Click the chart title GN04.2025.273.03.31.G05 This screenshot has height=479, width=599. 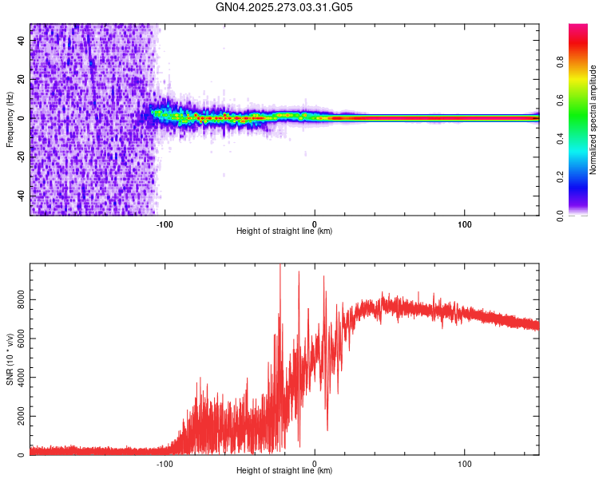tap(285, 8)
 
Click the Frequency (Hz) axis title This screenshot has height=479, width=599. tap(10, 120)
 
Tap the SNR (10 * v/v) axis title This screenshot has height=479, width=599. tap(10, 359)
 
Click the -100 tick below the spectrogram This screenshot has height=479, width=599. tap(165, 223)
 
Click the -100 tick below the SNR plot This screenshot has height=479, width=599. tap(165, 462)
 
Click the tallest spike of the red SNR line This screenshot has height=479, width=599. tap(280, 267)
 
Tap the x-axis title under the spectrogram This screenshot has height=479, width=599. tap(284, 232)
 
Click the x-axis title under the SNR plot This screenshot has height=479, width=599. tap(284, 471)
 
